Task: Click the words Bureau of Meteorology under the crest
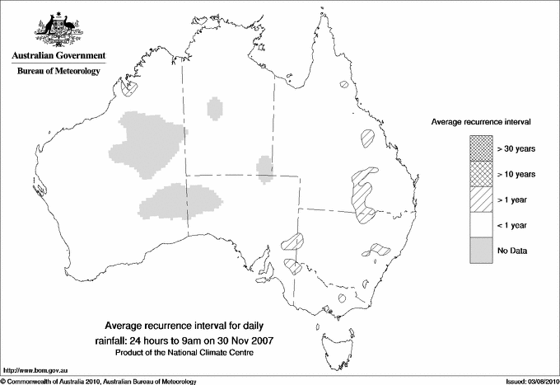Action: pyautogui.click(x=58, y=71)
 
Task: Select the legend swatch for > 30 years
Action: pyautogui.click(x=480, y=148)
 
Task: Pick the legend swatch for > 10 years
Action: pyautogui.click(x=480, y=173)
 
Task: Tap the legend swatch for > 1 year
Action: pyautogui.click(x=480, y=199)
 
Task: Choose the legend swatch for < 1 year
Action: pyautogui.click(x=480, y=224)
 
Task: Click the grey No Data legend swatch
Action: pyautogui.click(x=480, y=250)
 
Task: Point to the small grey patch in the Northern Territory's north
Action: pyautogui.click(x=216, y=108)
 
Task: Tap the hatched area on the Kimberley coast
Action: pyautogui.click(x=126, y=86)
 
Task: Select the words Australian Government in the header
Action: pyautogui.click(x=58, y=55)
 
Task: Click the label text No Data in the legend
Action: pyautogui.click(x=512, y=250)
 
